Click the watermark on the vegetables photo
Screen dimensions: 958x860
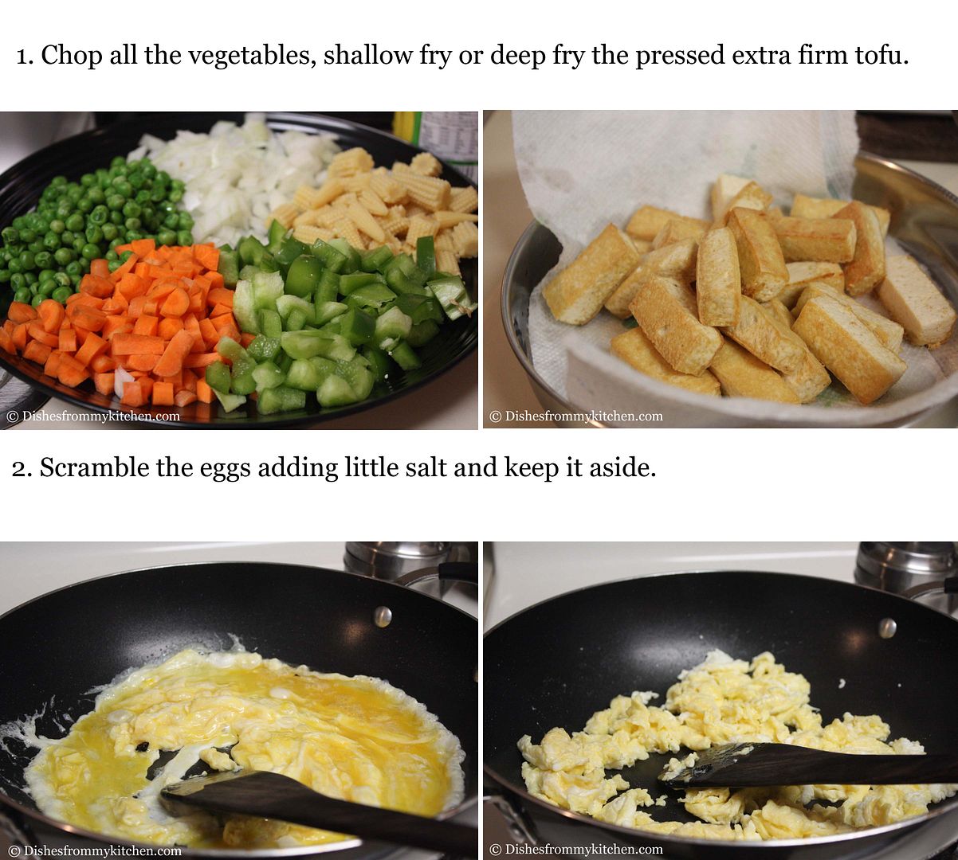pos(93,416)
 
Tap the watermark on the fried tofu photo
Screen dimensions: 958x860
pos(576,416)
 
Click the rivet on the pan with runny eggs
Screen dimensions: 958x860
pos(383,616)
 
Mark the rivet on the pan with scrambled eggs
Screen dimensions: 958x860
pos(888,628)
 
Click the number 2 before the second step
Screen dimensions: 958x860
pos(22,469)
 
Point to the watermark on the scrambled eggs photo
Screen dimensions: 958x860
pos(576,849)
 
